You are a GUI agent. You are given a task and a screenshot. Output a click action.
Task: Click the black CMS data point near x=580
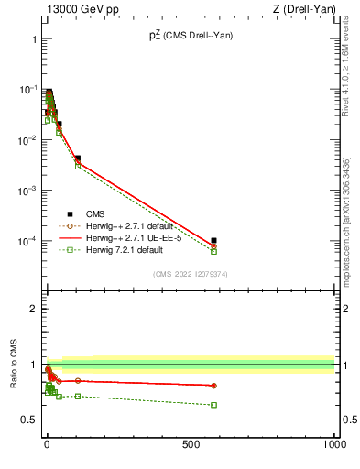(x=213, y=241)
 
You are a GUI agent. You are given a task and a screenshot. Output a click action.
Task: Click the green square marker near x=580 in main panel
(x=213, y=251)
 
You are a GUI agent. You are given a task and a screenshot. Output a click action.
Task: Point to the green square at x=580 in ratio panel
(x=213, y=405)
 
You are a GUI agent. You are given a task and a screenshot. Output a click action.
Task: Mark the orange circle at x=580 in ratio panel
(x=213, y=386)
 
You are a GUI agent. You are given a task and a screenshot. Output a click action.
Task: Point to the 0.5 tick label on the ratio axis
(x=27, y=420)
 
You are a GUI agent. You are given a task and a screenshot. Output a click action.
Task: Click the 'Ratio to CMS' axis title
(x=13, y=361)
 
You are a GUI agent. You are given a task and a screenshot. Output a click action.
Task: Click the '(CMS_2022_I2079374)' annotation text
(x=191, y=273)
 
